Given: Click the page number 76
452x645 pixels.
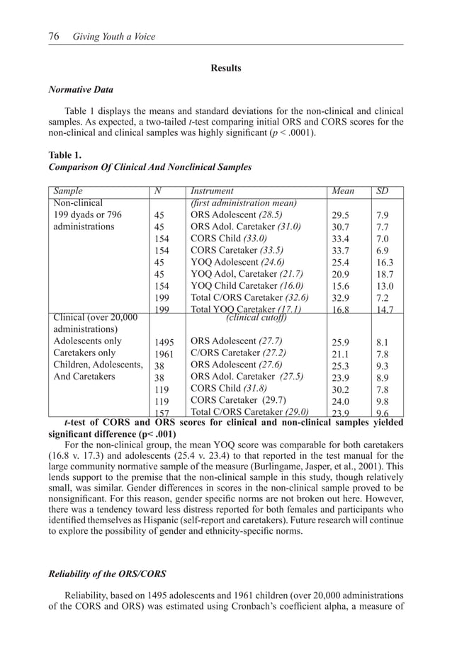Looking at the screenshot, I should [53, 37].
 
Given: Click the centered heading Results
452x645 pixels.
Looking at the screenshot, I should [226, 69].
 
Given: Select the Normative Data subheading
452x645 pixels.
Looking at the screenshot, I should [79, 91].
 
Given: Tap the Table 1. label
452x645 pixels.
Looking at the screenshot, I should [64, 155].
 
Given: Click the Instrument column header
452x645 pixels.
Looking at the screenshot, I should [212, 191].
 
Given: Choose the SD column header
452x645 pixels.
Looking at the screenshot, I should [383, 191].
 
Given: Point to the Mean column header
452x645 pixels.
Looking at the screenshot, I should [344, 191].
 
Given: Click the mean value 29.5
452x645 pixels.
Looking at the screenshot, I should [341, 215].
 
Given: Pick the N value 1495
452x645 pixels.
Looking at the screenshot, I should [165, 342].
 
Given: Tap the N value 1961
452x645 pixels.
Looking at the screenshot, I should [165, 354].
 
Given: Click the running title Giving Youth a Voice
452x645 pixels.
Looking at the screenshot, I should [114, 37].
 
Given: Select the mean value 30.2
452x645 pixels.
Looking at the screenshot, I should [341, 389].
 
